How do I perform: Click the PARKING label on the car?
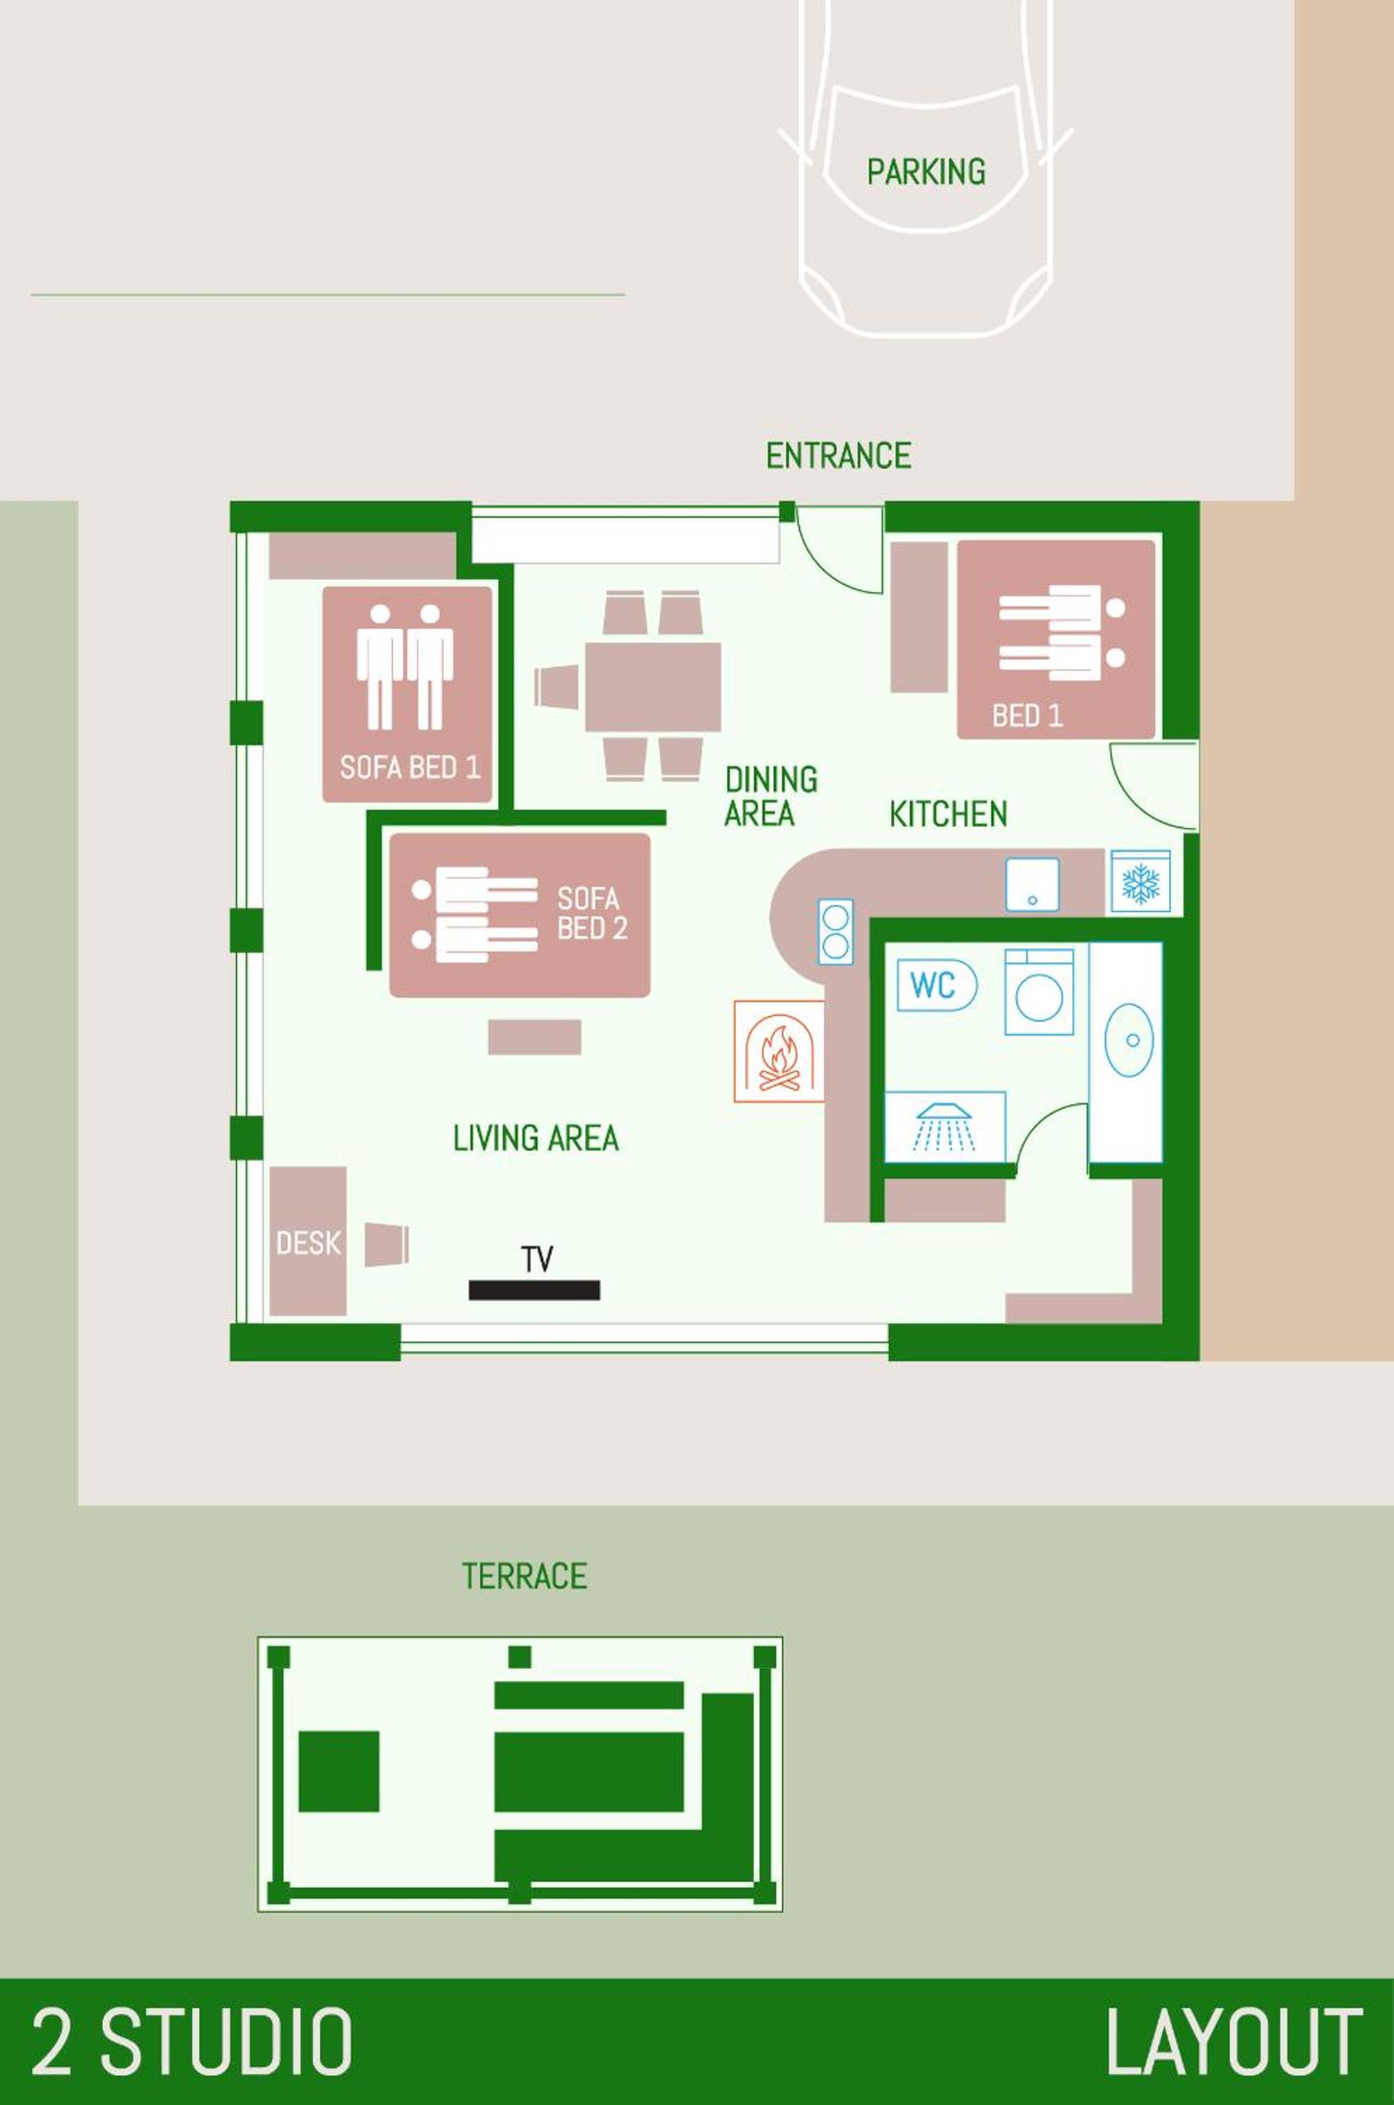926,171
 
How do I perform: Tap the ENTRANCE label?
839,456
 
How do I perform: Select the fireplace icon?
779,1052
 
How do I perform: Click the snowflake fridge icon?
1140,883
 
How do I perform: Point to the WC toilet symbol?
937,985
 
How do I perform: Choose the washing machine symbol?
1040,992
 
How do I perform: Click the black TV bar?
534,1290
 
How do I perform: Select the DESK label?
308,1243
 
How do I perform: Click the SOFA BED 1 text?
410,767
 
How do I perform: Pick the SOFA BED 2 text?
592,913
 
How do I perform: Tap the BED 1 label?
1028,715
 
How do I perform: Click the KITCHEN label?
948,815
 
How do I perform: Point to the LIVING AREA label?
536,1138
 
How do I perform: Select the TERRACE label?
524,1576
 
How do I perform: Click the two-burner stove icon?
836,932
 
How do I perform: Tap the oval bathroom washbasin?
1129,1040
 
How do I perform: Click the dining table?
652,687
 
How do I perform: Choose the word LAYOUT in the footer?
1233,2043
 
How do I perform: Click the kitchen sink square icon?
1032,884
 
